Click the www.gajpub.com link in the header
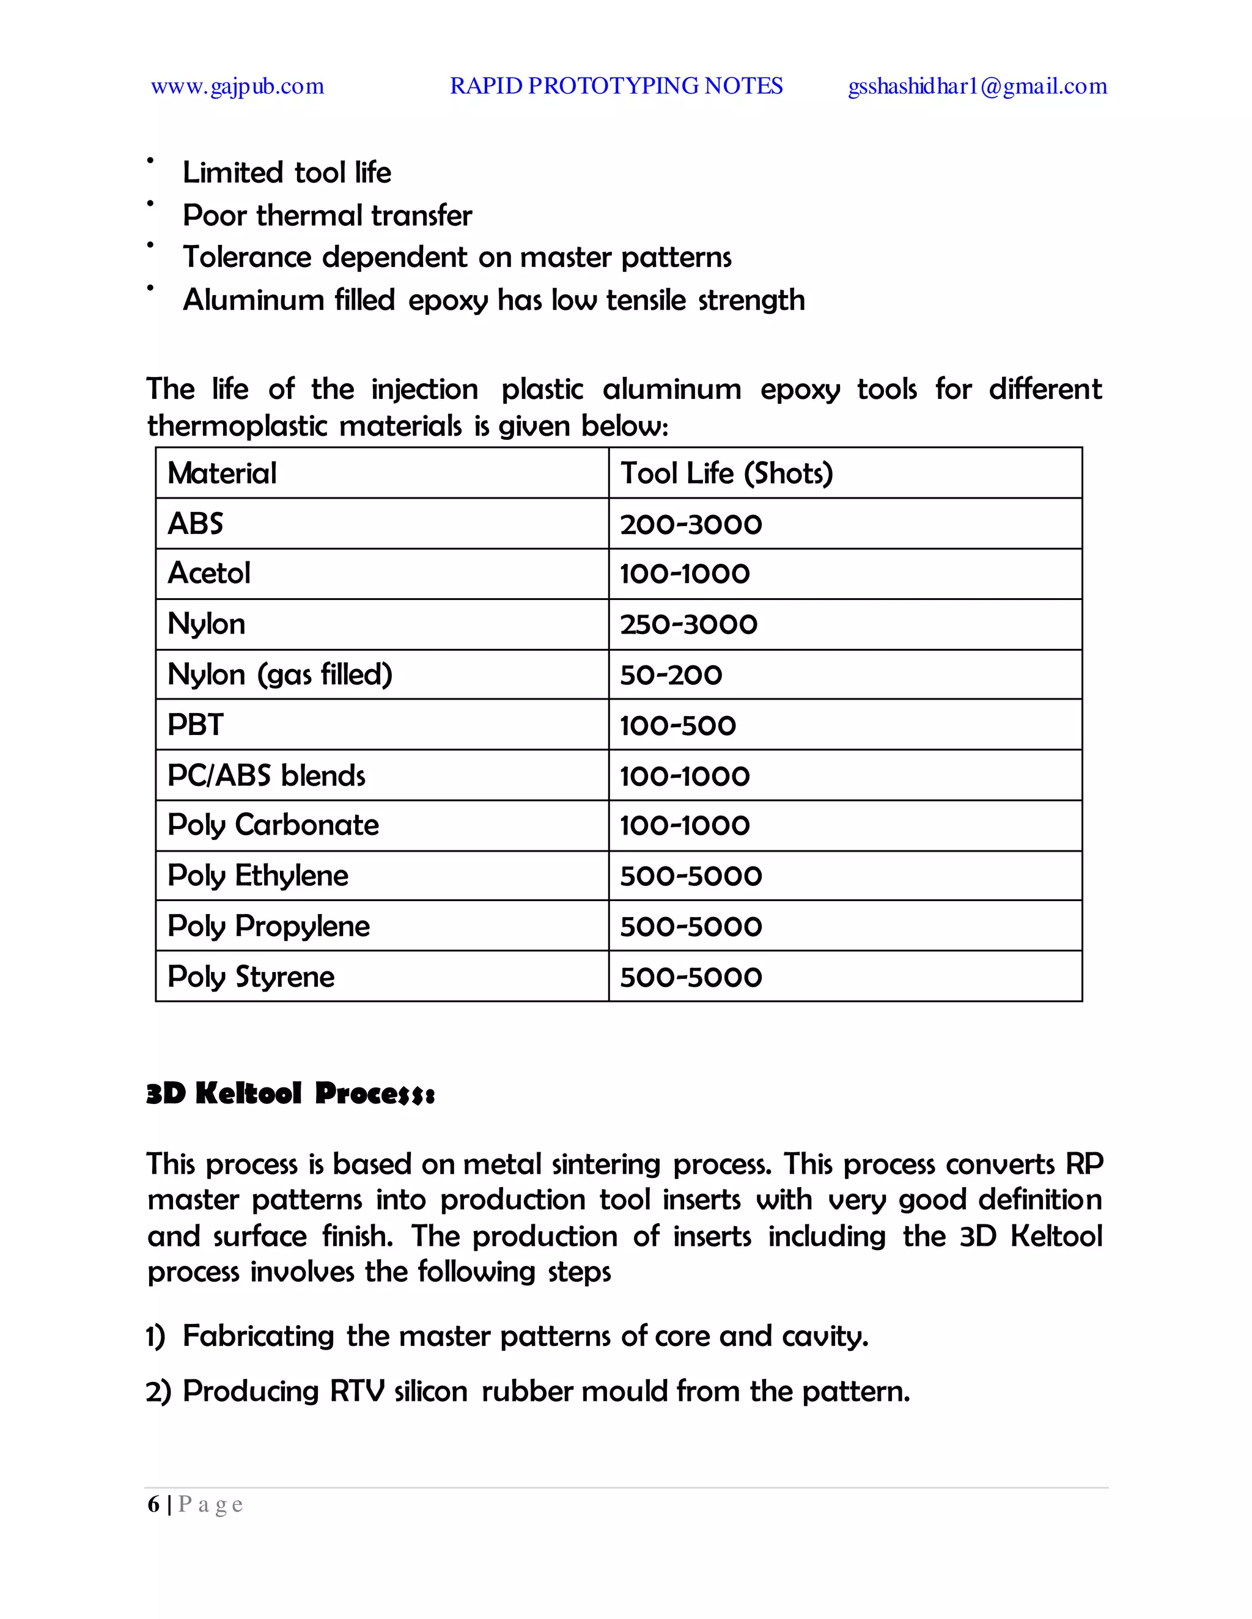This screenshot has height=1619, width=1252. coord(237,87)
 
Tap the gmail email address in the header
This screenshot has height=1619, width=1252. coord(977,87)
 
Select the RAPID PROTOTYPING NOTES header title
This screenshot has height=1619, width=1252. coord(616,86)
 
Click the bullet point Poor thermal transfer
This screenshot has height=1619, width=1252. coord(327,216)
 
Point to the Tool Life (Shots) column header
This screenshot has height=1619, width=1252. coord(726,473)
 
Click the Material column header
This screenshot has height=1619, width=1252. coord(222,473)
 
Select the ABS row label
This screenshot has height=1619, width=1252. coord(195,524)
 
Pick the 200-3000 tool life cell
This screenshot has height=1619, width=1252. coord(691,525)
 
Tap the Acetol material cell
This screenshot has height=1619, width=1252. coord(209,573)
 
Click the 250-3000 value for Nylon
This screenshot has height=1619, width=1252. coord(688,624)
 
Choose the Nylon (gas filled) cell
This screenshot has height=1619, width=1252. coord(279,674)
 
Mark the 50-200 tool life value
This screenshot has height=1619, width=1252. coord(671,675)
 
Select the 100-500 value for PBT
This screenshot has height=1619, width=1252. coord(678,726)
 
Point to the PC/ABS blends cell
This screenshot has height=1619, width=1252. coord(267,775)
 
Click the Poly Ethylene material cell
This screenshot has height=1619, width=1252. coord(257,875)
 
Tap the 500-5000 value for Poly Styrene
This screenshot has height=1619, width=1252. coord(691,977)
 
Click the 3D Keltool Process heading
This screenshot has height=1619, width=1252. coord(290,1094)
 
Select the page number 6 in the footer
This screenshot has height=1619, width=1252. coord(153,1504)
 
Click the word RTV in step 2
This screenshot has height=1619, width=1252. coord(357,1391)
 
